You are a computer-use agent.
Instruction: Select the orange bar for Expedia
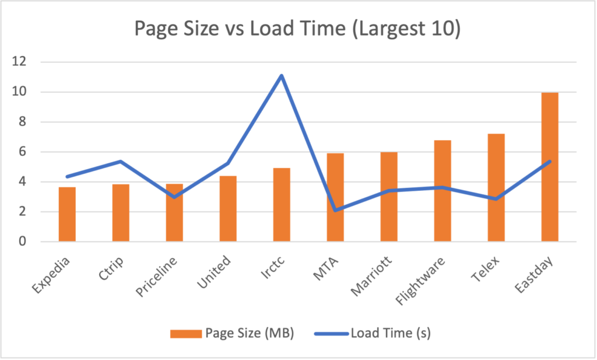(67, 215)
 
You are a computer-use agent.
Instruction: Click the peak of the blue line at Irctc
(282, 75)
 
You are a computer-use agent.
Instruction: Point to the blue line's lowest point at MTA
(335, 210)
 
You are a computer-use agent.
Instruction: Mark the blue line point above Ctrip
(121, 161)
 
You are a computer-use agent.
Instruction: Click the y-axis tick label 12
(22, 62)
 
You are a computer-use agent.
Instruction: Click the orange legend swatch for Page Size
(185, 334)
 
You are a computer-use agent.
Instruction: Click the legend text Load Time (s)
(390, 334)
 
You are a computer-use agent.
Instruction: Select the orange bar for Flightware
(443, 191)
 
